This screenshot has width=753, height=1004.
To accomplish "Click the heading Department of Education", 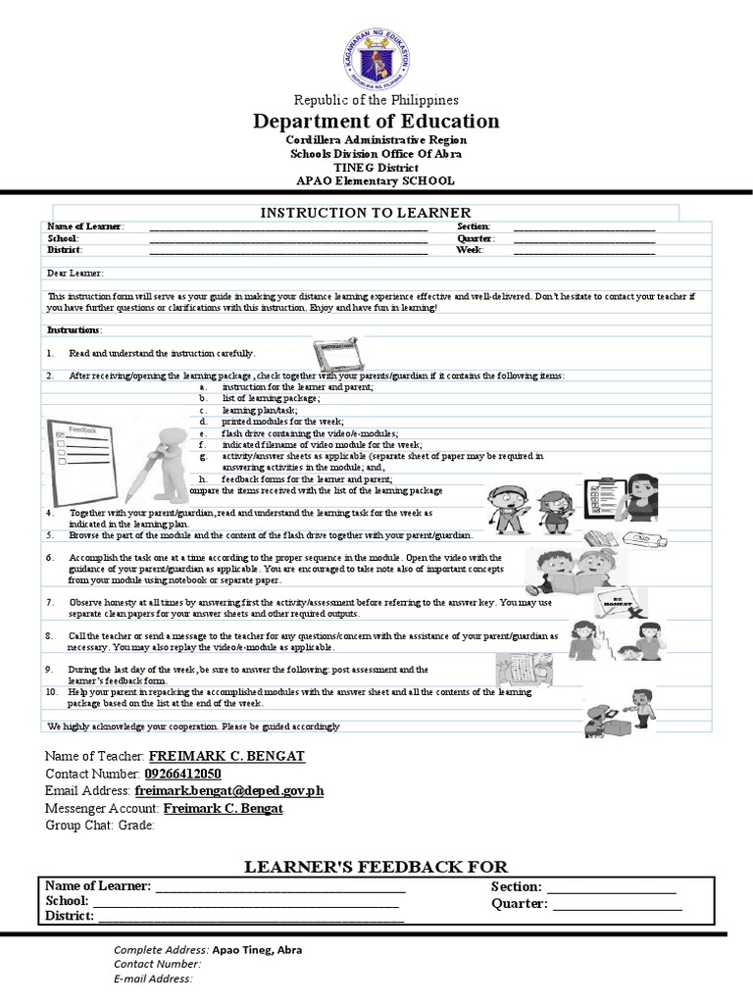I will click(376, 122).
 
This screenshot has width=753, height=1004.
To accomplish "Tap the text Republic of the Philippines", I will click(376, 100).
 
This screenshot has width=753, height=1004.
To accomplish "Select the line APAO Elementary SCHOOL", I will click(376, 180).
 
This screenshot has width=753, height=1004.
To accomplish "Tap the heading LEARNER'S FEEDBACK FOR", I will click(376, 866).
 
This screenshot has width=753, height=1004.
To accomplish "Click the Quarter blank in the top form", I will click(584, 238).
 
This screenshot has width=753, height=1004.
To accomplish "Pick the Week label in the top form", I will click(471, 250).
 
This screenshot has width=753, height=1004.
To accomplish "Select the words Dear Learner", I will click(75, 274).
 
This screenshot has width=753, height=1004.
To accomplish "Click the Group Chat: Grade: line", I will click(100, 825).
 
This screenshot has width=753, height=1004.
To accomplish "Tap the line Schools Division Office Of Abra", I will click(376, 154).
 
